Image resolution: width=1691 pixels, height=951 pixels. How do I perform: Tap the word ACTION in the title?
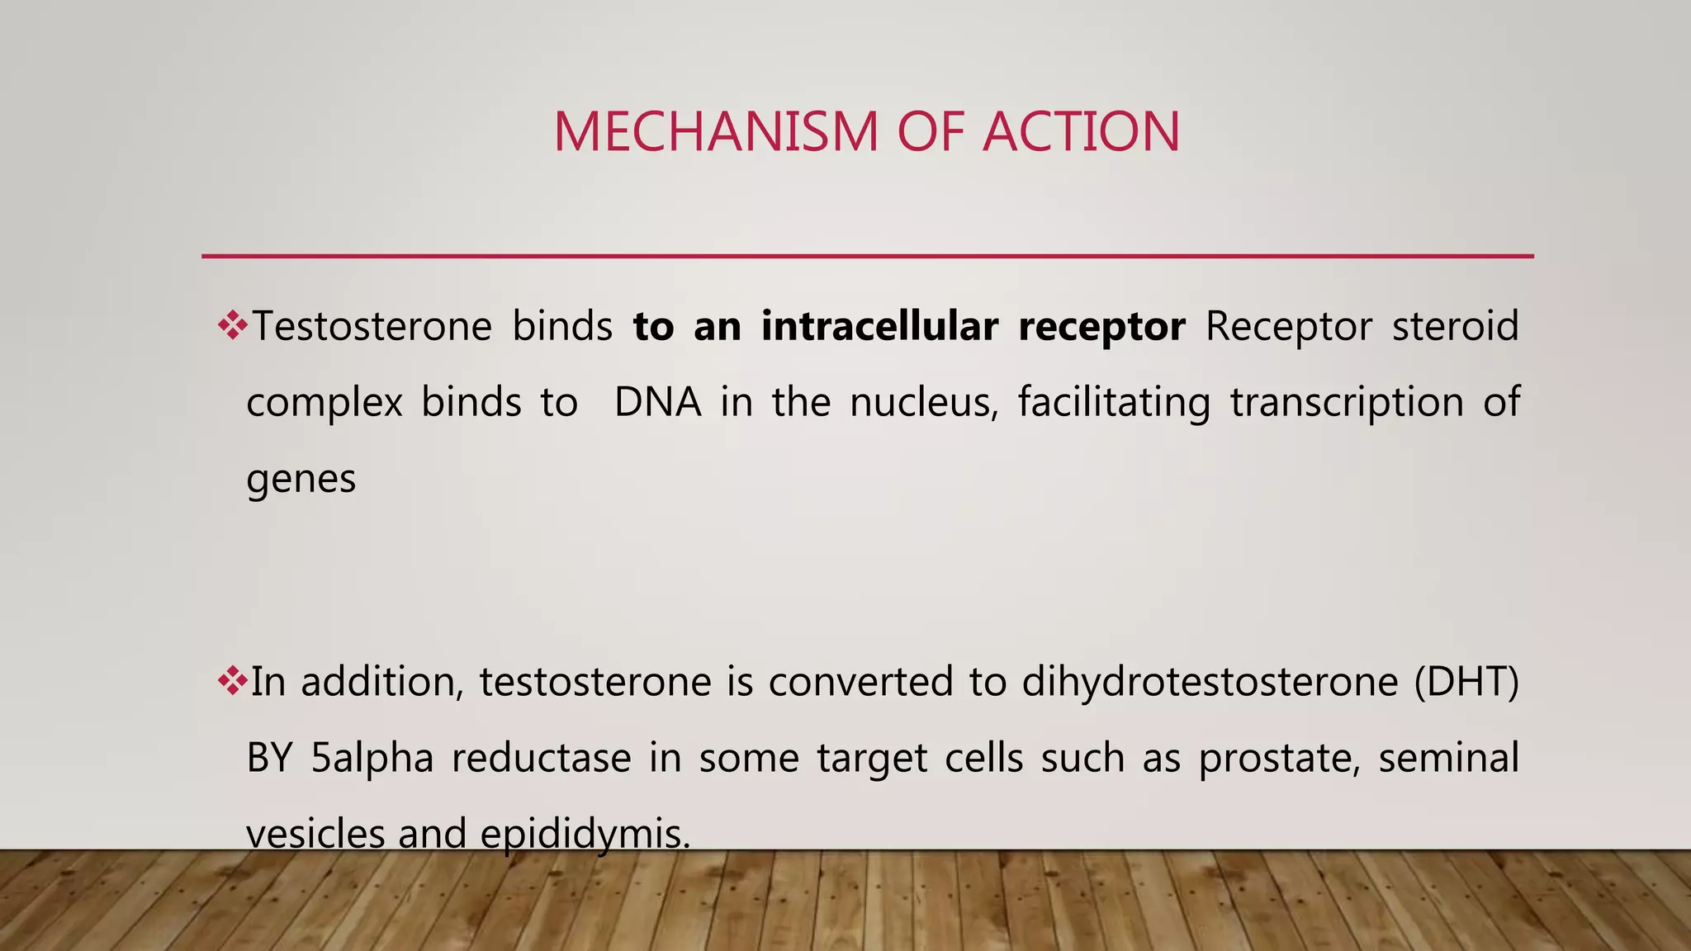pyautogui.click(x=1082, y=132)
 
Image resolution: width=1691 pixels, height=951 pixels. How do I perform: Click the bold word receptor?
pyautogui.click(x=1101, y=327)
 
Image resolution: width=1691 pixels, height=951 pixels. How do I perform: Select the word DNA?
pyautogui.click(x=657, y=402)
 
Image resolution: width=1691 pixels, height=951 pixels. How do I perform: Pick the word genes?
pyautogui.click(x=301, y=480)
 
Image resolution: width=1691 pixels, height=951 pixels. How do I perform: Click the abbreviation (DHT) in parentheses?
pyautogui.click(x=1466, y=682)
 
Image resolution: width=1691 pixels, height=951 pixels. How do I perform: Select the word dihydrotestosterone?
pyautogui.click(x=1210, y=682)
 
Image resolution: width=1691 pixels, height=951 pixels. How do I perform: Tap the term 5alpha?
pyautogui.click(x=372, y=758)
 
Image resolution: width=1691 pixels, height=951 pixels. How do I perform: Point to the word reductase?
pyautogui.click(x=541, y=758)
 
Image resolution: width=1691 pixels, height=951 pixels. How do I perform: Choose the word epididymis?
pyautogui.click(x=585, y=834)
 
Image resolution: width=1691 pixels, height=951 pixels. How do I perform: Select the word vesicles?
pyautogui.click(x=315, y=834)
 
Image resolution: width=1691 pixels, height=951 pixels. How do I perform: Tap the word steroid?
pyautogui.click(x=1455, y=325)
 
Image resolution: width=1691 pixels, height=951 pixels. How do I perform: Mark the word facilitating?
pyautogui.click(x=1114, y=402)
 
